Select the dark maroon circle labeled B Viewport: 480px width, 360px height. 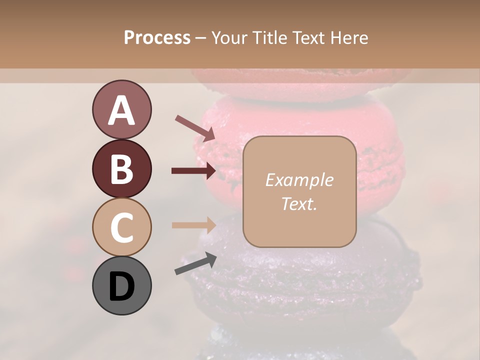point(121,168)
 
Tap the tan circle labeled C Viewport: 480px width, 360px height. point(121,226)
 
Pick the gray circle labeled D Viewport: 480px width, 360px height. point(121,285)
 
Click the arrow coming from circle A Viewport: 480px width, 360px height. point(195,127)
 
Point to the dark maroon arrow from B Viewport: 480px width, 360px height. point(194,171)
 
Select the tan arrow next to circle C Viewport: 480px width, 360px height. point(194,225)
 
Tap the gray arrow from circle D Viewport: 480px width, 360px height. point(195,263)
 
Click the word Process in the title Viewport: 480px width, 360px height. point(157,38)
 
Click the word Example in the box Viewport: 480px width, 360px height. point(299,180)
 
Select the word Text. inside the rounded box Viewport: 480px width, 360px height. point(299,203)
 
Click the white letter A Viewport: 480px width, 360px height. point(121,110)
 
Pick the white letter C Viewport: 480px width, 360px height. point(121,227)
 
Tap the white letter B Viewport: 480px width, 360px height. point(121,169)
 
